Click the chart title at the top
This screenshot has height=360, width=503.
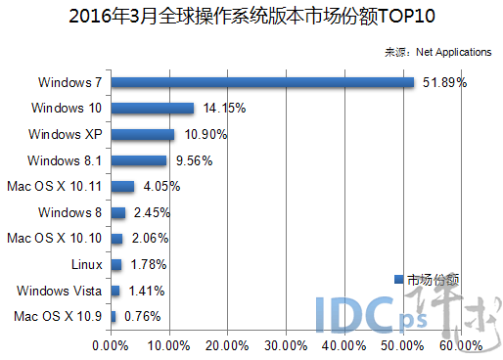[251, 17]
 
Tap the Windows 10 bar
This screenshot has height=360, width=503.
[153, 108]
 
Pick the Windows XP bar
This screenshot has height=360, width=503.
[143, 134]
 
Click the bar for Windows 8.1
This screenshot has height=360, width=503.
[139, 159]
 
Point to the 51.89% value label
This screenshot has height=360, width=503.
[444, 82]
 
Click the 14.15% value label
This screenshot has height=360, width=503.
[222, 108]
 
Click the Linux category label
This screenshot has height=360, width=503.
[87, 264]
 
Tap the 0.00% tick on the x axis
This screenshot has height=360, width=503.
[111, 344]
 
